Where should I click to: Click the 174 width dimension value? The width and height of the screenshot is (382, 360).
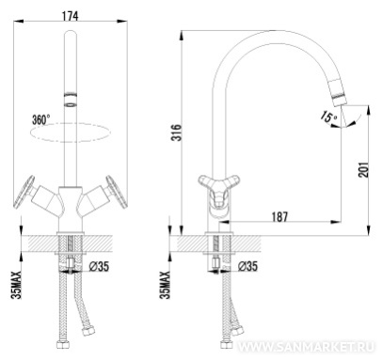(x=70, y=16)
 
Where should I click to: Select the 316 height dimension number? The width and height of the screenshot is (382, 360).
(x=177, y=133)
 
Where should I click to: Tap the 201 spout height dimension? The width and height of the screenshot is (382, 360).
(x=363, y=169)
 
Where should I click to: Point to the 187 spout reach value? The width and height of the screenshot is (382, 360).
(x=279, y=216)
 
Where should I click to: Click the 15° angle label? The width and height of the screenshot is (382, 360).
(x=328, y=117)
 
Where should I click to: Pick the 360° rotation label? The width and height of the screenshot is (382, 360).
(x=40, y=119)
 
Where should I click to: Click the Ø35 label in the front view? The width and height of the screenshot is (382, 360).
(x=99, y=267)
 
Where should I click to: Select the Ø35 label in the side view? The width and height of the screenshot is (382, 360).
(x=247, y=266)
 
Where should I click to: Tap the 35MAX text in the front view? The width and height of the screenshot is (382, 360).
(x=16, y=285)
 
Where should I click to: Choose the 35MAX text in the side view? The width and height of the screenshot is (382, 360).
(x=165, y=285)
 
